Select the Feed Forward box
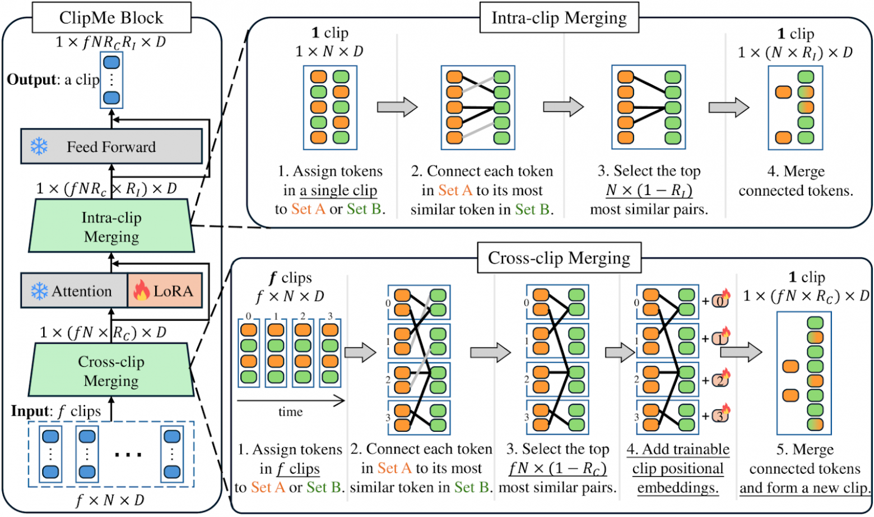tap(111, 146)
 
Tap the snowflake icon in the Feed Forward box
tap(39, 146)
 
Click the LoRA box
tap(165, 290)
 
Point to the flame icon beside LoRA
tap(141, 290)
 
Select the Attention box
tap(74, 290)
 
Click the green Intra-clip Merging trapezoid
tap(111, 227)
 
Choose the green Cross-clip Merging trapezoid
tap(111, 371)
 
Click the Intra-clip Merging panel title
tap(559, 18)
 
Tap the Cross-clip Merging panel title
tap(559, 258)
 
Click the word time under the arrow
tap(290, 412)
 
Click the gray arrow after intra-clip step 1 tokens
tap(397, 107)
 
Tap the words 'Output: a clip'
tap(53, 80)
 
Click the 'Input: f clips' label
tap(56, 411)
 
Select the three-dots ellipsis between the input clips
tap(128, 454)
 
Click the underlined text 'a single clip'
tap(338, 190)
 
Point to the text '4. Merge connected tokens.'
tap(796, 181)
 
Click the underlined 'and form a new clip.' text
tap(805, 487)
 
